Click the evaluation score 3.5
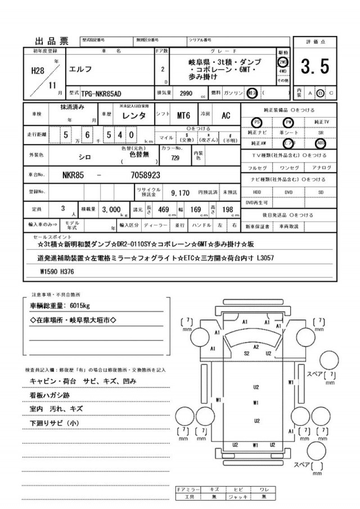pos(314,67)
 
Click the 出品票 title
pos(52,40)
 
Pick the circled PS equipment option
pos(257,121)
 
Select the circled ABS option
pos(321,143)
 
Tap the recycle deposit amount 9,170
pos(181,192)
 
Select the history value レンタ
pos(135,115)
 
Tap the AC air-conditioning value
pos(226,115)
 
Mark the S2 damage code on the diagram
pos(246,353)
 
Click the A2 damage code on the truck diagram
pos(256,347)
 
